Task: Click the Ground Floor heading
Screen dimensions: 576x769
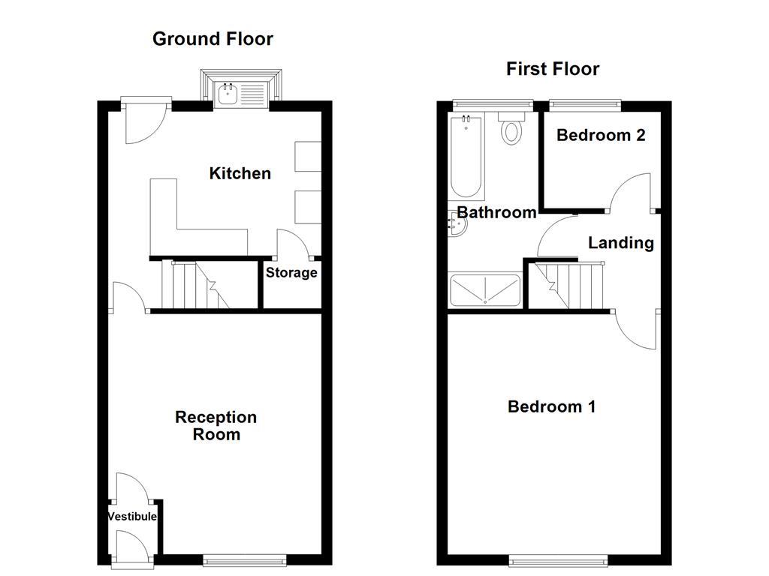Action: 213,39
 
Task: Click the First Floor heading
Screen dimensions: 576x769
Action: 553,70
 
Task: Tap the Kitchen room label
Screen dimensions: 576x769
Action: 240,174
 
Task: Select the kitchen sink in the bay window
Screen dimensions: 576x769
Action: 241,94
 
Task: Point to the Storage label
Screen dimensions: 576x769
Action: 291,273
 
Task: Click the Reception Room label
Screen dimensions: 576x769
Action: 216,426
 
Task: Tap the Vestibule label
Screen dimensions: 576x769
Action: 132,517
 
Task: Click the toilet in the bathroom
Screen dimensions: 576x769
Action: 512,129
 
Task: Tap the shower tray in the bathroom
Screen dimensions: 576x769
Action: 484,289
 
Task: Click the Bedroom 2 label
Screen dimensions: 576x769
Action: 601,136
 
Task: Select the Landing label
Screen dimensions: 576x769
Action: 620,243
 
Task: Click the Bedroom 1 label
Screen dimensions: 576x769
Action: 552,407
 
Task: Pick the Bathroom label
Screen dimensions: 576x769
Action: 497,213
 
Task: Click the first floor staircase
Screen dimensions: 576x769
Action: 571,286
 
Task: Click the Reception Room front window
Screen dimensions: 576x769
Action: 246,559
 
